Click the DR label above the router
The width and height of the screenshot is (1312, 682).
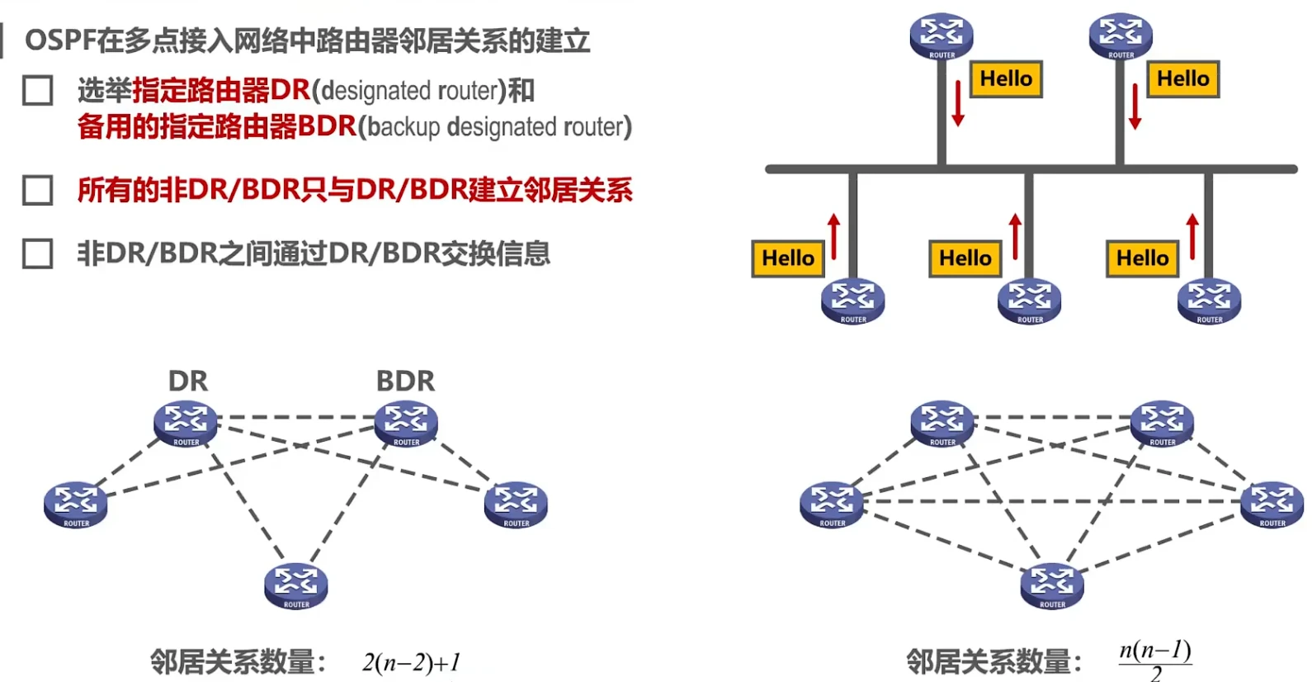pyautogui.click(x=188, y=381)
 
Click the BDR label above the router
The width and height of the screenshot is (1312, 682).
pyautogui.click(x=405, y=381)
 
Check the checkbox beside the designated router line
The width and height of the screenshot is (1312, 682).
pyautogui.click(x=38, y=91)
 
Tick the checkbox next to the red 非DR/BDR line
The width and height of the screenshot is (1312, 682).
pyautogui.click(x=38, y=190)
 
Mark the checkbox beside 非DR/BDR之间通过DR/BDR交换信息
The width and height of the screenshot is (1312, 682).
pyautogui.click(x=38, y=253)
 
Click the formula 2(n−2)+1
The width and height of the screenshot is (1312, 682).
pyautogui.click(x=411, y=662)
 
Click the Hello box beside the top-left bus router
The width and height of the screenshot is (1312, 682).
pyautogui.click(x=1006, y=79)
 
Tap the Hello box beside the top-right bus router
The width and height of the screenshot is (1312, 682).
pyautogui.click(x=1182, y=79)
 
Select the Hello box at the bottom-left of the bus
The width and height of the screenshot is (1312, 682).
pyautogui.click(x=787, y=258)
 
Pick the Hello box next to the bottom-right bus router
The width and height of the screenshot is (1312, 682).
pyautogui.click(x=1142, y=258)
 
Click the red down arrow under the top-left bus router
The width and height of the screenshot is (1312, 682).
pyautogui.click(x=958, y=103)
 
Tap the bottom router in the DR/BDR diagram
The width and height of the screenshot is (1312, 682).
pyautogui.click(x=296, y=586)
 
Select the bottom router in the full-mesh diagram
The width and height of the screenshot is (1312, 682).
pyautogui.click(x=1052, y=586)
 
